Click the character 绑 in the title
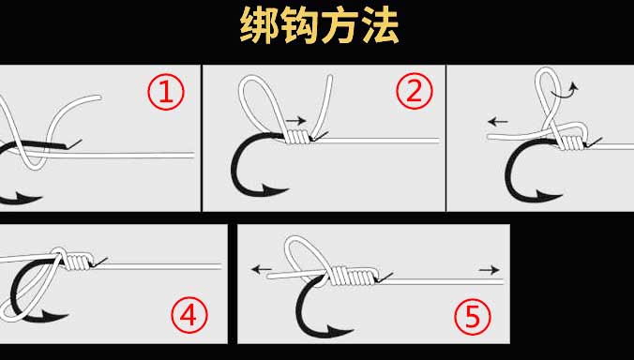[260, 26]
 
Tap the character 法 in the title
[380, 26]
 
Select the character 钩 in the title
[299, 26]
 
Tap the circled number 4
[189, 315]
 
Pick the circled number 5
[473, 317]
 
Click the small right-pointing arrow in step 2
[296, 120]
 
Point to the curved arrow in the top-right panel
[566, 91]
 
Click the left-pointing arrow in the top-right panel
[498, 121]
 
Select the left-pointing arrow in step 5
[262, 269]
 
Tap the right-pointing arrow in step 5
[490, 269]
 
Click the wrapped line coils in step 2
[299, 137]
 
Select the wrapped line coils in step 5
[352, 276]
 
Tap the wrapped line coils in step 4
[78, 261]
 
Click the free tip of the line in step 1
[99, 97]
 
